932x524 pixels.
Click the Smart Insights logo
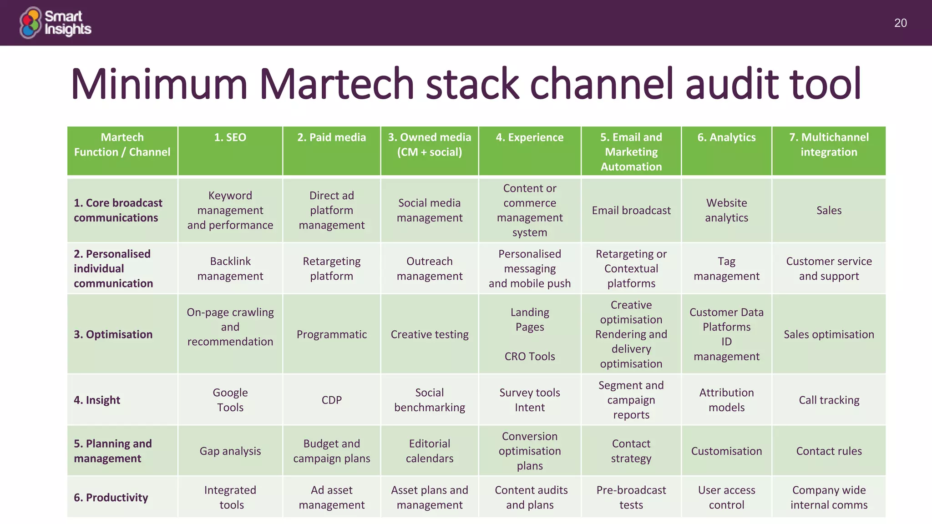[55, 23]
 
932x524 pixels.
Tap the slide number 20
[900, 23]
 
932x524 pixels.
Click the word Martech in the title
[337, 84]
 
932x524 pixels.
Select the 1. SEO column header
[230, 137]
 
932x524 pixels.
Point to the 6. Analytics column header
[726, 137]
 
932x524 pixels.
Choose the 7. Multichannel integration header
[829, 145]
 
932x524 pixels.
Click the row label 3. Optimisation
[113, 334]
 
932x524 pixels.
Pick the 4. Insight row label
[97, 400]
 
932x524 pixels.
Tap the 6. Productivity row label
[111, 497]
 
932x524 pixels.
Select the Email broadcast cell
[631, 210]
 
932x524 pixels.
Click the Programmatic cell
[331, 334]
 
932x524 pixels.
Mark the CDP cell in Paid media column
[331, 400]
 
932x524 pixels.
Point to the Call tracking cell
[829, 400]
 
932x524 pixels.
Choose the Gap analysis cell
[230, 451]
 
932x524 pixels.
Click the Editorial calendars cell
[429, 451]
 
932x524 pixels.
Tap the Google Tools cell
[230, 400]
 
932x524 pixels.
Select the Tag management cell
[726, 268]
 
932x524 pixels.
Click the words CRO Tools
[530, 356]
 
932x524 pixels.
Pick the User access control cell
[726, 497]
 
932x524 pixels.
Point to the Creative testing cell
[429, 334]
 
